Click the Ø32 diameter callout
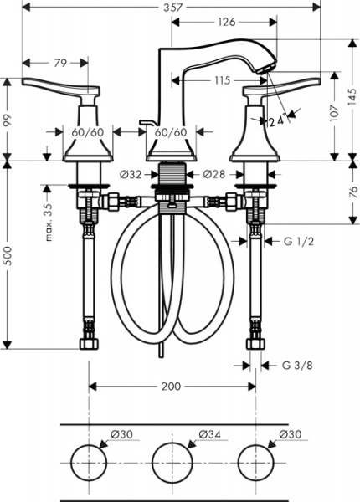(x=131, y=175)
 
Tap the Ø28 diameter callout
(x=216, y=175)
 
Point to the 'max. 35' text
(x=49, y=220)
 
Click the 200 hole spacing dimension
(x=172, y=387)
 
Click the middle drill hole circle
(x=172, y=461)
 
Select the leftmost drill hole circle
(x=90, y=461)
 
